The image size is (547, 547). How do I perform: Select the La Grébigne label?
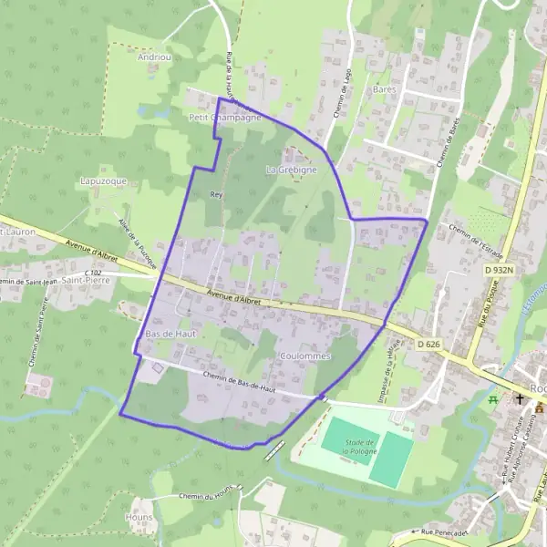point(291,170)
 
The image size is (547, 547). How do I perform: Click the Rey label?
point(216,194)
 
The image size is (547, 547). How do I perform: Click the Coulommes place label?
point(304,356)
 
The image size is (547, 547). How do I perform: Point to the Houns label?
point(140,515)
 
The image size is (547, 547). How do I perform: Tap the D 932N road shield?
point(500,270)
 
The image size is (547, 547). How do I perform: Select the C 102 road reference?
point(92,273)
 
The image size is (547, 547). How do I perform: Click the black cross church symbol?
point(519,399)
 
